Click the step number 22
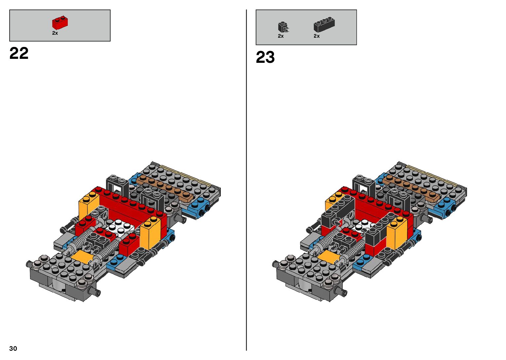click(x=19, y=53)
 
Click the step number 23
click(x=265, y=57)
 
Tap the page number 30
click(x=13, y=348)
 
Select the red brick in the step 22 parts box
click(x=60, y=22)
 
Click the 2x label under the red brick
click(x=55, y=33)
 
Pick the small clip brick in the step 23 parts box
click(x=283, y=27)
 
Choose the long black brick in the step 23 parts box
click(x=324, y=24)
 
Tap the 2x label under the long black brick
click(x=317, y=36)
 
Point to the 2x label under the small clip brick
click(x=281, y=36)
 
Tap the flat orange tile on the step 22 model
click(x=81, y=256)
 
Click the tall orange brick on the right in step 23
click(x=397, y=233)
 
